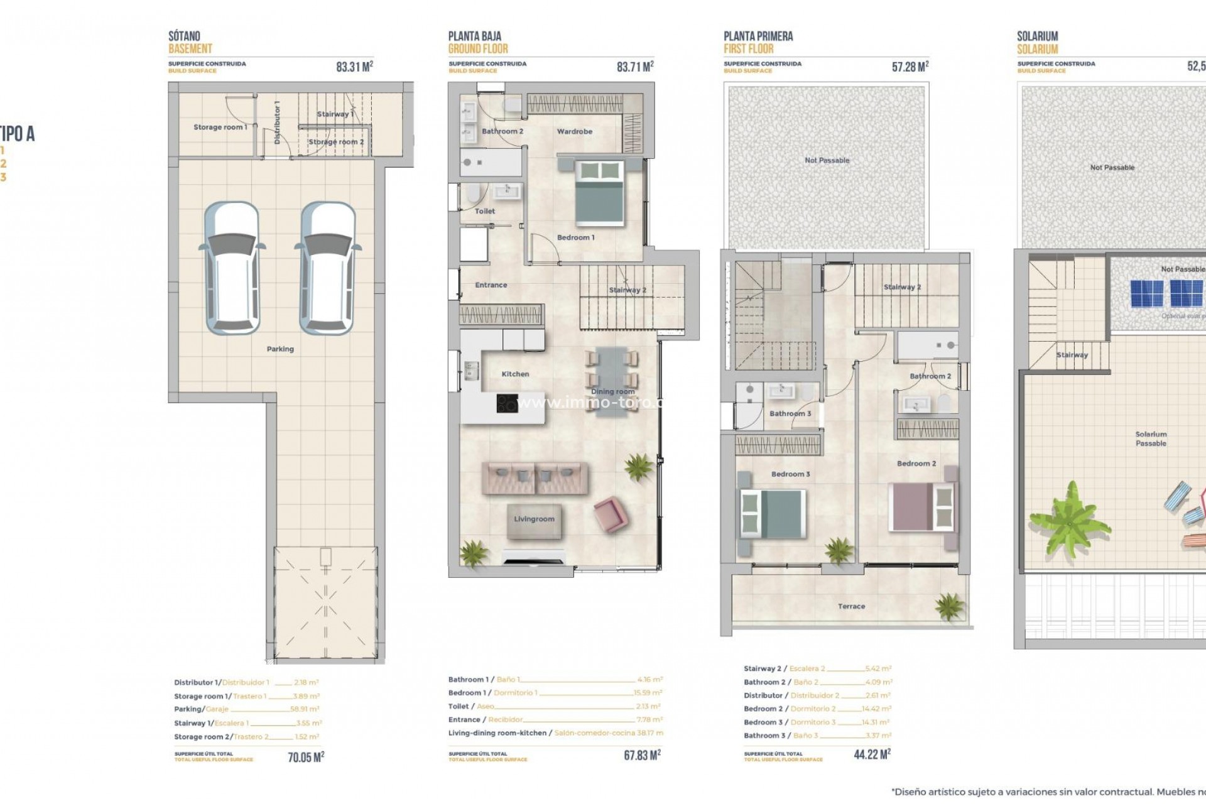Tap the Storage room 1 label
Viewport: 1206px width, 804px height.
[220, 127]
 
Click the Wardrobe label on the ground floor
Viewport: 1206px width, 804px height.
[574, 131]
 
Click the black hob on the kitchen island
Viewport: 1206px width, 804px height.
[508, 403]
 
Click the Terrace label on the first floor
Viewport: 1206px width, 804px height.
[851, 606]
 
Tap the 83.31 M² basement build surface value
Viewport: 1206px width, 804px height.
[354, 67]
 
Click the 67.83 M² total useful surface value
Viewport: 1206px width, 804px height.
[642, 755]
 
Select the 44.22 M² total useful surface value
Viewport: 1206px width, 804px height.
[872, 754]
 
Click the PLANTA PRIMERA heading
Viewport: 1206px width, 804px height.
[758, 36]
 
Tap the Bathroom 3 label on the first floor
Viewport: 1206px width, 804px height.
[790, 413]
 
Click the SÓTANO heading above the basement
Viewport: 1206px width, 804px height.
[184, 36]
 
